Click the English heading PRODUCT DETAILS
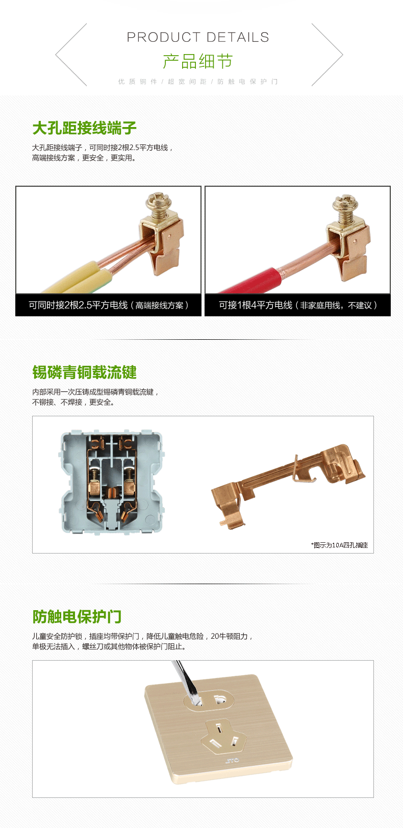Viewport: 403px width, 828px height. [198, 37]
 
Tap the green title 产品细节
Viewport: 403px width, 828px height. [198, 61]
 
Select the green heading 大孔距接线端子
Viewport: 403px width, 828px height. [84, 128]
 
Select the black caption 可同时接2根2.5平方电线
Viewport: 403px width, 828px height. [78, 305]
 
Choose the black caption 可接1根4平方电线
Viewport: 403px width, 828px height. [256, 305]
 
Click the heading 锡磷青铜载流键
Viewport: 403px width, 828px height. [84, 372]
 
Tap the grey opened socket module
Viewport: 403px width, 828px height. [111, 482]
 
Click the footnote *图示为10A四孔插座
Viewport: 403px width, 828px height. [339, 545]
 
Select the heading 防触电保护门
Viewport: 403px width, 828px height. [77, 617]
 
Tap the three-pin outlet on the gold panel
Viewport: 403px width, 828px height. [221, 735]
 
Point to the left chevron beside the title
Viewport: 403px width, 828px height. [71, 55]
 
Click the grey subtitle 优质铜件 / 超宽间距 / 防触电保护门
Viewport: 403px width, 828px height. [198, 82]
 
